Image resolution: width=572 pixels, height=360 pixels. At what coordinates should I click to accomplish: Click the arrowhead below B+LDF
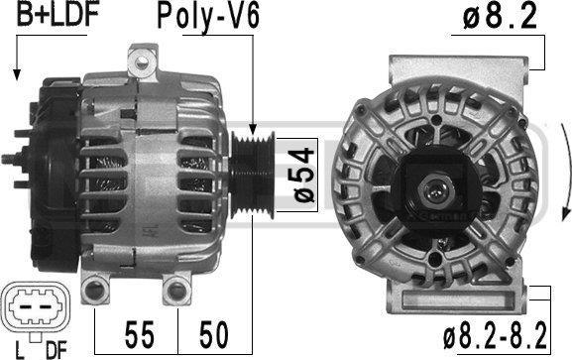click(x=17, y=74)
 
